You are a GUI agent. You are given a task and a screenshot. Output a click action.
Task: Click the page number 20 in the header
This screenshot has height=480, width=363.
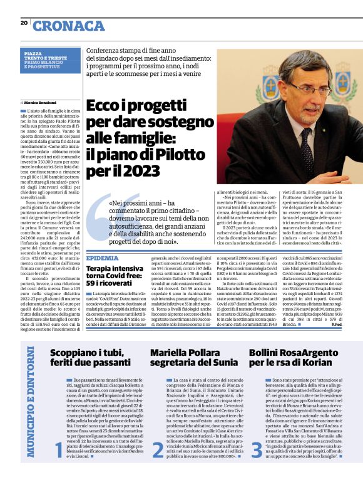point(24,23)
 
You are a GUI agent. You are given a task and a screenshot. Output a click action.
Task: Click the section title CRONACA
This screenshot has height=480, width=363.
point(69,26)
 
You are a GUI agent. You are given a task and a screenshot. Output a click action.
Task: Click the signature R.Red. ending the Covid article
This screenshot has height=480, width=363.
point(336,324)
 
